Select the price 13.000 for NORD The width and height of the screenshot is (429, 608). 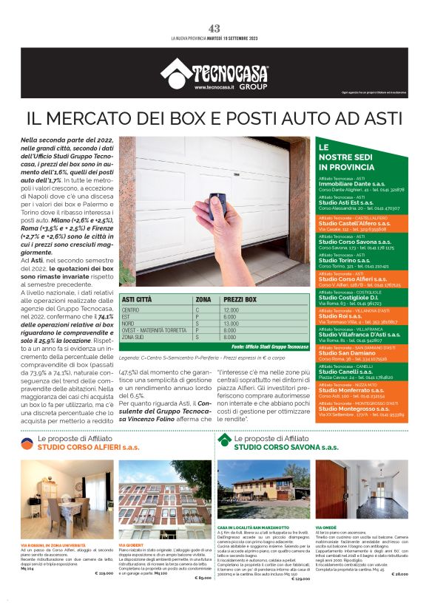(231, 324)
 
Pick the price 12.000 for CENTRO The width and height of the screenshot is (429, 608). (231, 310)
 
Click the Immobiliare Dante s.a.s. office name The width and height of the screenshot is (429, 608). (352, 183)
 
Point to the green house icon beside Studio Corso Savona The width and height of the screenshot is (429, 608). (224, 441)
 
